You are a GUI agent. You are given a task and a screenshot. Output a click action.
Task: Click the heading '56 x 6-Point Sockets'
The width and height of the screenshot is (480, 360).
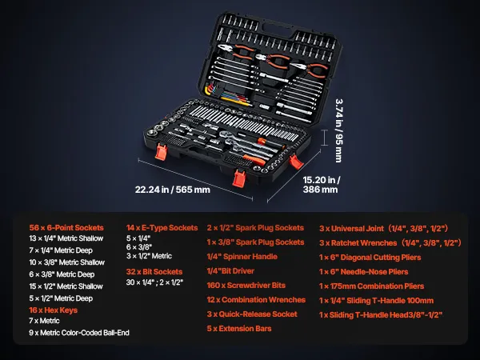(x=66, y=228)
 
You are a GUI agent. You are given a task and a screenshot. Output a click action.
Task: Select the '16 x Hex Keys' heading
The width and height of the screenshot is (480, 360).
(x=54, y=310)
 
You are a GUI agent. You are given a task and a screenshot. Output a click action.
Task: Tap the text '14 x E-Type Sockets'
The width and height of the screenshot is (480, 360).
(x=162, y=228)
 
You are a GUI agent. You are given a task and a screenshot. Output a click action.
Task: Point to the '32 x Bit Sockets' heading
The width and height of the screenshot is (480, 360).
(x=154, y=272)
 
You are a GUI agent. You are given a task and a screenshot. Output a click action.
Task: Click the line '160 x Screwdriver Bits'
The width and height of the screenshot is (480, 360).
(x=246, y=286)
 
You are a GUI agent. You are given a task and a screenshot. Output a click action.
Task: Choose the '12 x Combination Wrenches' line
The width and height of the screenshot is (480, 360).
(x=256, y=300)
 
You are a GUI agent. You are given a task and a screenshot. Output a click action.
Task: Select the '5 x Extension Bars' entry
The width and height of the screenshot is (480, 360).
(x=239, y=329)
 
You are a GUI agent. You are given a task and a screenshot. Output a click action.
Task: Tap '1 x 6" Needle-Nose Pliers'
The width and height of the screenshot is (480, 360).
(x=364, y=272)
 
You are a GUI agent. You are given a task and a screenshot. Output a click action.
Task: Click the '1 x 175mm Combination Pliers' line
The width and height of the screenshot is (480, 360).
(x=372, y=286)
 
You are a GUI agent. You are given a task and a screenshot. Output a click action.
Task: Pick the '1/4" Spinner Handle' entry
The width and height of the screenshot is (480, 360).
(x=242, y=257)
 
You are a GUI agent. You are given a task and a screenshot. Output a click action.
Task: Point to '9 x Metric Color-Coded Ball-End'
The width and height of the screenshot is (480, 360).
(x=79, y=333)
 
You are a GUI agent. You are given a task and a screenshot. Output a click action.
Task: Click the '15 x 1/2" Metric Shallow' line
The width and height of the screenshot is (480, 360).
(x=66, y=286)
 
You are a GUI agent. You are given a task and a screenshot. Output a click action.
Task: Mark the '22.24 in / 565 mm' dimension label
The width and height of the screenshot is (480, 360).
(x=173, y=190)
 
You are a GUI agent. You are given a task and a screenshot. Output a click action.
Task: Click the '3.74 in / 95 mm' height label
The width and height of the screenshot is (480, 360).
(x=339, y=130)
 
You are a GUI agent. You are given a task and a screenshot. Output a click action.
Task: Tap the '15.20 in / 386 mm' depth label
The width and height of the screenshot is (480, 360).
(x=321, y=185)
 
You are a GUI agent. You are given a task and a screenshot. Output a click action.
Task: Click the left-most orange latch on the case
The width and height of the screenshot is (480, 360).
(x=161, y=151)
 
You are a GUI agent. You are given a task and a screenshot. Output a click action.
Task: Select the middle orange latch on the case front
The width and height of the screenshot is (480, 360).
(x=238, y=178)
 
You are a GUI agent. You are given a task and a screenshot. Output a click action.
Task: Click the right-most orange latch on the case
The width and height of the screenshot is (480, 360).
(x=296, y=162)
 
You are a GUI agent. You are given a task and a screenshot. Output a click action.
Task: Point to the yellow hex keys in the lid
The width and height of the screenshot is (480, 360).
(x=210, y=91)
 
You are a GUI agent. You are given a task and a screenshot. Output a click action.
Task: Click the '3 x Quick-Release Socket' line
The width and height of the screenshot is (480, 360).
(x=252, y=314)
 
